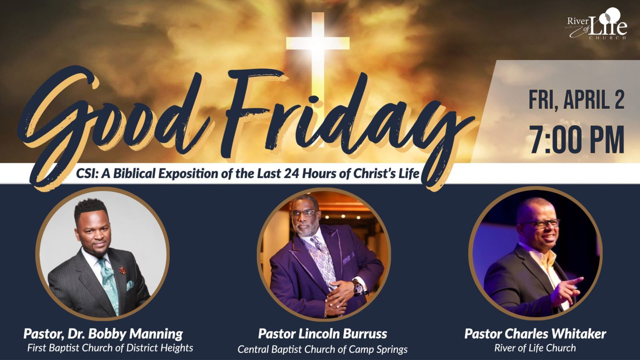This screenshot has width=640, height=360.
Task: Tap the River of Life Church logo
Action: coord(598,24)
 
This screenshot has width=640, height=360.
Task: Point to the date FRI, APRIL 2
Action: coord(576,100)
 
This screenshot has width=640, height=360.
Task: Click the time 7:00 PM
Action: coord(577,140)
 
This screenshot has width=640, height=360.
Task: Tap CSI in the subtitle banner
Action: coord(87,174)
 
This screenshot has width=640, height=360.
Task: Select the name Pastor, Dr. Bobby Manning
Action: coord(103,334)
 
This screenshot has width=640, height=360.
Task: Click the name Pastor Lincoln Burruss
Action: coord(322,334)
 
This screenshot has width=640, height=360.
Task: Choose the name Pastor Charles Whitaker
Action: coord(535,334)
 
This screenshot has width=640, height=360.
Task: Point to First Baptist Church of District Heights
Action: coord(110,348)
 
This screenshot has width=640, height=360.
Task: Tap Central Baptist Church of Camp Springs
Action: coord(322,349)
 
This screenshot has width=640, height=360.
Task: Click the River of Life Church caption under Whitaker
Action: coord(535,348)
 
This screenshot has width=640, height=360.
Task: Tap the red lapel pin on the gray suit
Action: coord(122,270)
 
